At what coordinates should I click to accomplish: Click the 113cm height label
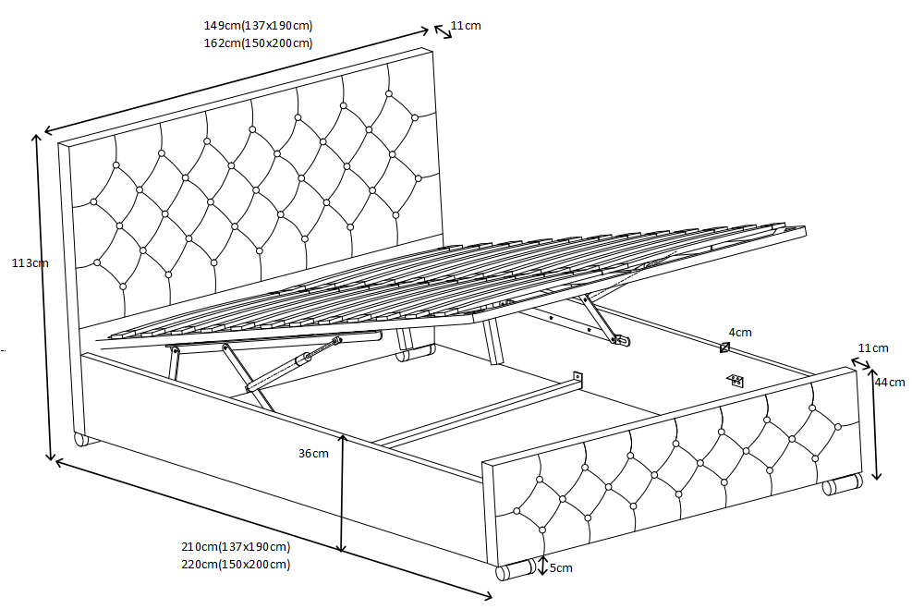click(x=29, y=263)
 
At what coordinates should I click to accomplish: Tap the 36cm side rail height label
click(x=313, y=454)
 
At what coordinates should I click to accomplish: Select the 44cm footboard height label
click(x=892, y=382)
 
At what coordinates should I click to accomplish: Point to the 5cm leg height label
click(x=561, y=567)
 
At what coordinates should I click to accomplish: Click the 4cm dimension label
click(x=740, y=332)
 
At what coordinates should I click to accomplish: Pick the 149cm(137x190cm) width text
click(x=264, y=26)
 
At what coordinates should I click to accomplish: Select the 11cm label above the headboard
click(x=466, y=26)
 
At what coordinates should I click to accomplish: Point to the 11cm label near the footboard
click(x=873, y=347)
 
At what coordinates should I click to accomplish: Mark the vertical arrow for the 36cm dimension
click(x=343, y=493)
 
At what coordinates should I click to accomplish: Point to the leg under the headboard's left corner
click(x=81, y=438)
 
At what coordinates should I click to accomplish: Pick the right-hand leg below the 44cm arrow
click(x=842, y=485)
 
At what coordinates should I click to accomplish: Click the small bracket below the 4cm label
click(x=736, y=380)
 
